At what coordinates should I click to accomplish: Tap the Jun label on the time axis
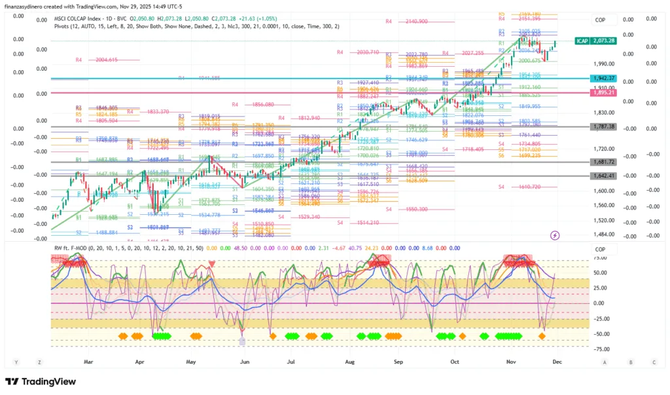point(245,361)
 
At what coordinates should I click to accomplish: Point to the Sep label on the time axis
point(398,361)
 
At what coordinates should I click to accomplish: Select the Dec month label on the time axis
point(557,361)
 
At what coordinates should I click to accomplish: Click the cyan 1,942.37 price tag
point(603,78)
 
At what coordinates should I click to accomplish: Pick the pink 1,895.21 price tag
point(603,93)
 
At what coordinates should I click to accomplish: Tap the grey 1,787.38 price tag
point(603,126)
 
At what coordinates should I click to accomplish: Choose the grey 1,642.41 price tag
point(603,176)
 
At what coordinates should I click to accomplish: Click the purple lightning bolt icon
point(555,235)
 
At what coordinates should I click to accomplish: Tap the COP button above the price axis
point(600,20)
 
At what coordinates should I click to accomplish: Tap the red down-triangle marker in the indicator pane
point(211,264)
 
